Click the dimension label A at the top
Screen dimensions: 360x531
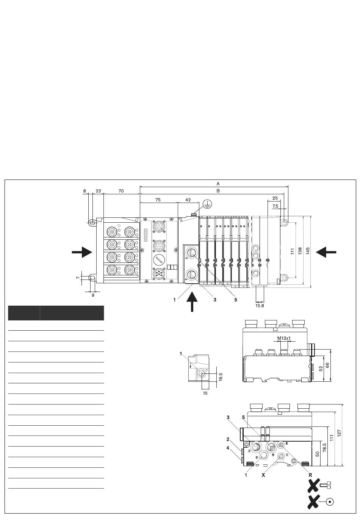218,183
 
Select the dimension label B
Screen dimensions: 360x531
218,191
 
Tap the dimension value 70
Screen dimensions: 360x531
121,191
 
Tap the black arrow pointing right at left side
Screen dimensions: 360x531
83,252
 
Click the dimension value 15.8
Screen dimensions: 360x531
260,305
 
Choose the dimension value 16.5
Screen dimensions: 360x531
221,377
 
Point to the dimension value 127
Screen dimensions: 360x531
340,432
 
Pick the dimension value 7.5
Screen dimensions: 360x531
275,206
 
